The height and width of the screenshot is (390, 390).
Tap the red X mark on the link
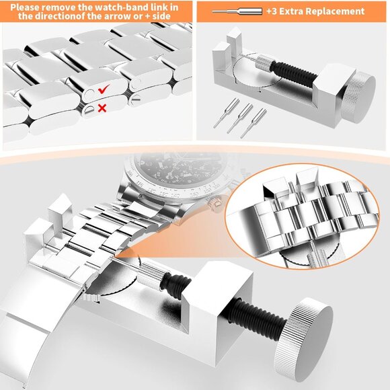[102, 108]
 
